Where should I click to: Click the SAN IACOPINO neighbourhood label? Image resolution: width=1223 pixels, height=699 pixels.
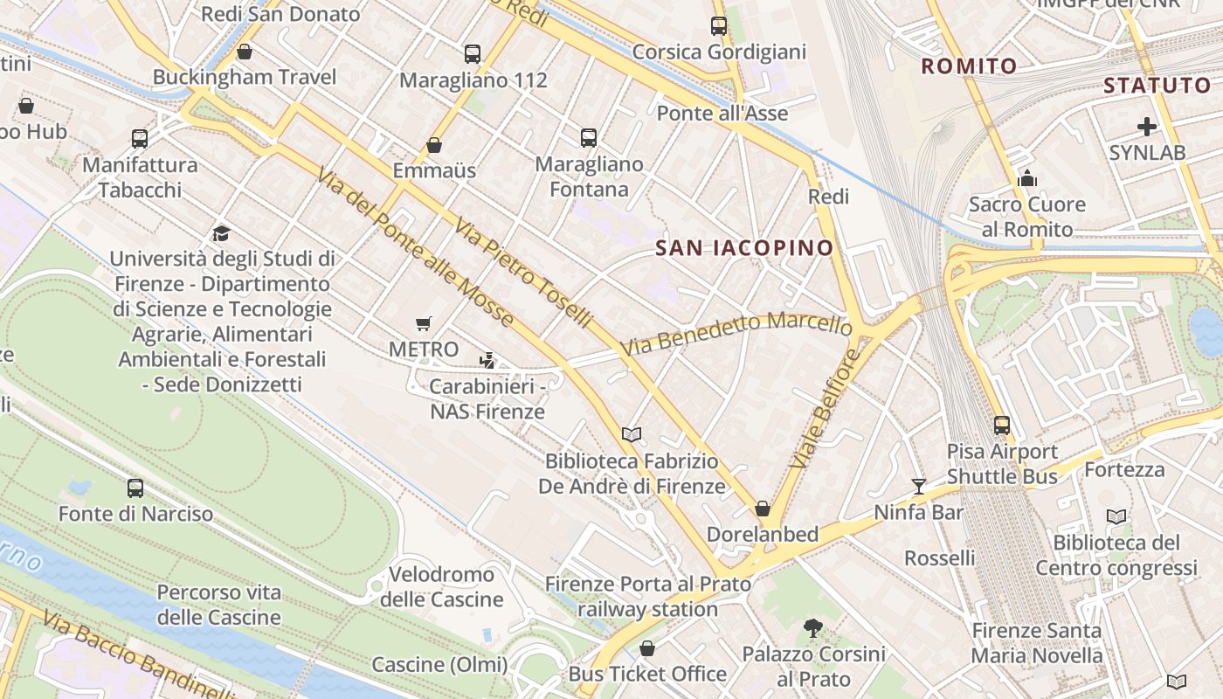pyautogui.click(x=744, y=248)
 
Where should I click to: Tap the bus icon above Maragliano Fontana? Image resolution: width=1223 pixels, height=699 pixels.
pyautogui.click(x=589, y=137)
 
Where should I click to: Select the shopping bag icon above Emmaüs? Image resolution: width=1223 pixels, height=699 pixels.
pyautogui.click(x=434, y=145)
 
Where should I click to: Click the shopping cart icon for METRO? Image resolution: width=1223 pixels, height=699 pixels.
pyautogui.click(x=424, y=324)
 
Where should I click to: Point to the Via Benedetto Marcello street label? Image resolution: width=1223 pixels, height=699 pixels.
pyautogui.click(x=736, y=333)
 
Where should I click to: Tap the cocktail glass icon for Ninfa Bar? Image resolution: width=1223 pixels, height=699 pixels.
pyautogui.click(x=918, y=486)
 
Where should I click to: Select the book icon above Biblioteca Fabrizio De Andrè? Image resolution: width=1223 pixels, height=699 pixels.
pyautogui.click(x=632, y=434)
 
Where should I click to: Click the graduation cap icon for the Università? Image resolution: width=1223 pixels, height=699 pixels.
pyautogui.click(x=221, y=234)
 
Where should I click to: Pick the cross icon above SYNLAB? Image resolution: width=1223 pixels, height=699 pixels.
pyautogui.click(x=1147, y=127)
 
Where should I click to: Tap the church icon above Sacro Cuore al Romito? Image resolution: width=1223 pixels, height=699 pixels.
pyautogui.click(x=1027, y=178)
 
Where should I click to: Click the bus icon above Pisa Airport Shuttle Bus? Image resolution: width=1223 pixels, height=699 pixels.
pyautogui.click(x=1002, y=426)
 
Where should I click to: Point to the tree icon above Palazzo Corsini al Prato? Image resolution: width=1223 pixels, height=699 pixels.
pyautogui.click(x=813, y=627)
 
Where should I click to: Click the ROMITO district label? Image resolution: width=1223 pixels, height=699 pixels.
pyautogui.click(x=970, y=66)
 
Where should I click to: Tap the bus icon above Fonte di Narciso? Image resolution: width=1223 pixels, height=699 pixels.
pyautogui.click(x=135, y=488)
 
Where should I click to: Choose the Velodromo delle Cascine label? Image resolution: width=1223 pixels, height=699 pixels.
pyautogui.click(x=442, y=587)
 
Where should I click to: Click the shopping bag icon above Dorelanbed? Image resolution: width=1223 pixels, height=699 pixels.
pyautogui.click(x=763, y=509)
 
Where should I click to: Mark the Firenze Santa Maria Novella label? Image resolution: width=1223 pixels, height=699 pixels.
pyautogui.click(x=1037, y=643)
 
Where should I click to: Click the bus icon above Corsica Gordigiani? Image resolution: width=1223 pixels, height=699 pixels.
pyautogui.click(x=719, y=26)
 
